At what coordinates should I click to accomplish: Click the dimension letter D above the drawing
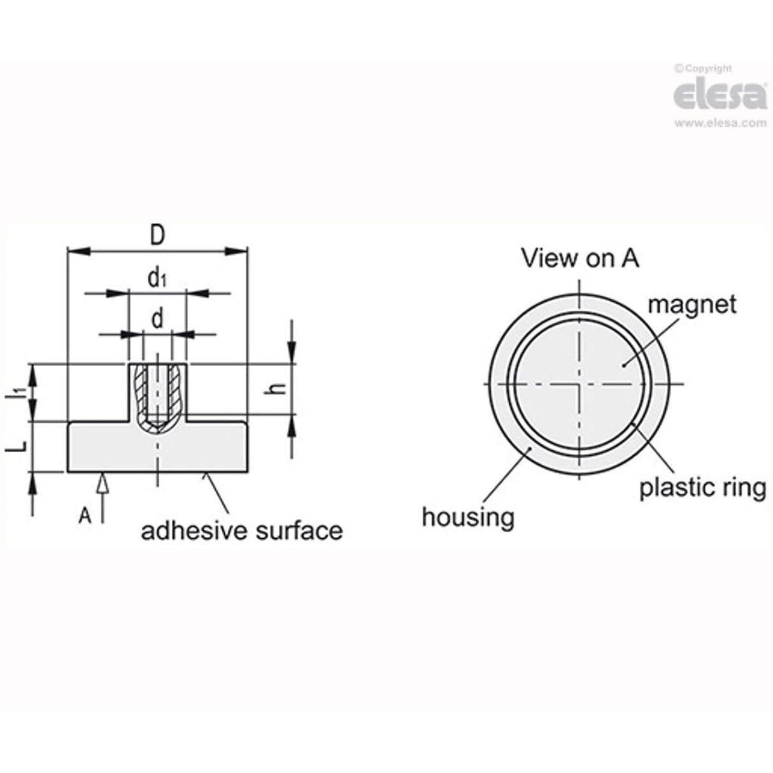pyautogui.click(x=157, y=236)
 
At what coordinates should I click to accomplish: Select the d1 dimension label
pyautogui.click(x=157, y=278)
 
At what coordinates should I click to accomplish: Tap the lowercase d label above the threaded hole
pyautogui.click(x=157, y=319)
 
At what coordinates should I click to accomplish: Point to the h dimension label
pyautogui.click(x=275, y=388)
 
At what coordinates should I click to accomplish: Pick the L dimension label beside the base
pyautogui.click(x=17, y=445)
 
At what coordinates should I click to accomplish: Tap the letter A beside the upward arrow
pyautogui.click(x=85, y=516)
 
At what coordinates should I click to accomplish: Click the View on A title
pyautogui.click(x=579, y=258)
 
